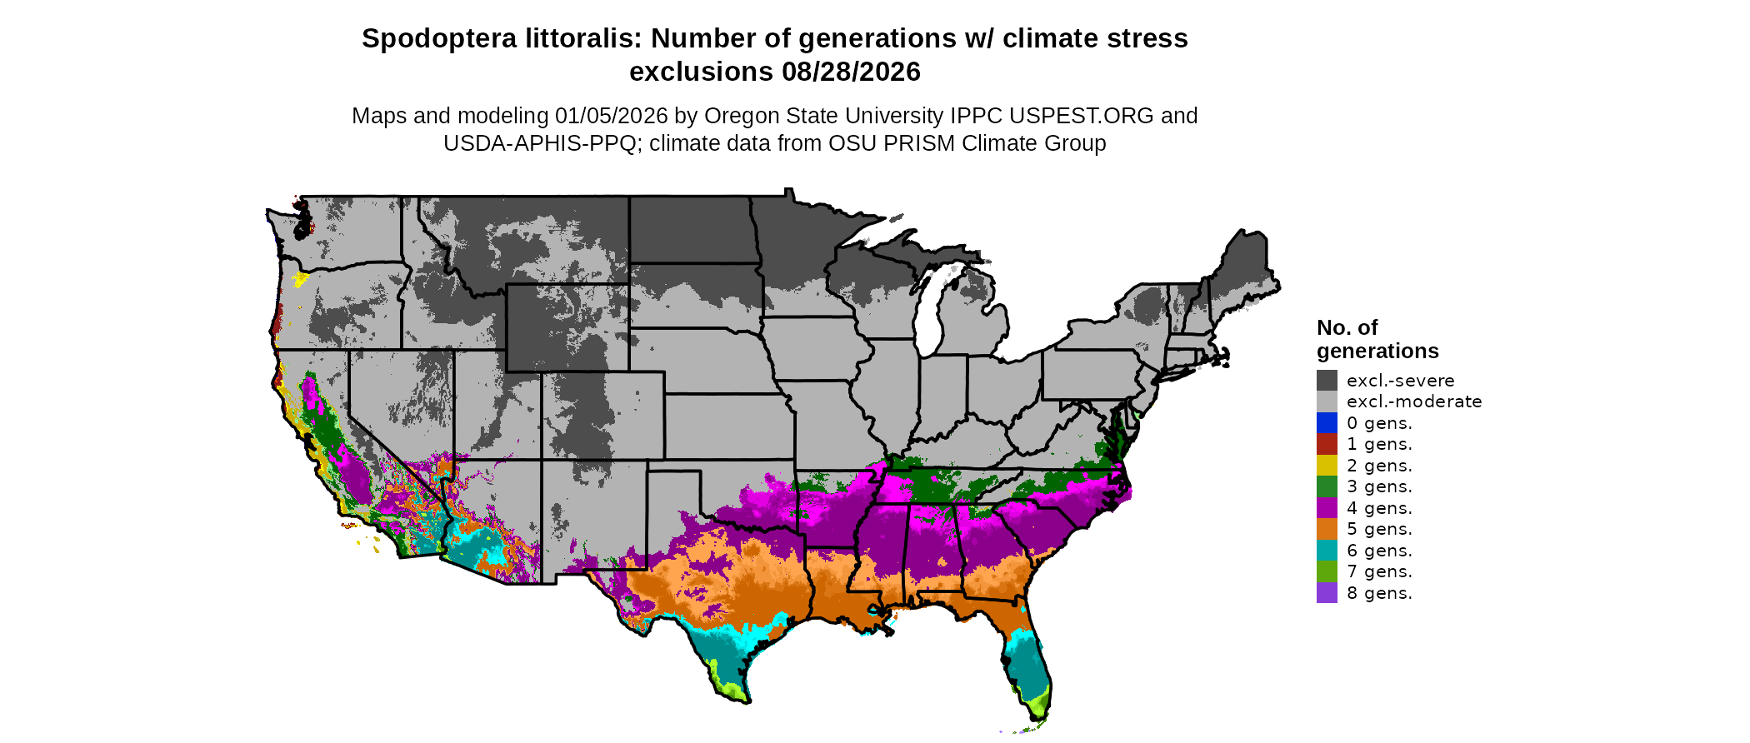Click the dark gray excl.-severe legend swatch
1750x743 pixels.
pos(1327,381)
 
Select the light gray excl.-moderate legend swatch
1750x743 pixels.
pos(1327,401)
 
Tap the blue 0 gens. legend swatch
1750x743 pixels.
pos(1327,423)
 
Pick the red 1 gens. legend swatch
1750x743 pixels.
pos(1327,444)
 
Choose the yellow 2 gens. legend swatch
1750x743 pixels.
pos(1327,466)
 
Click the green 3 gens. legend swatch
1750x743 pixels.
pos(1327,486)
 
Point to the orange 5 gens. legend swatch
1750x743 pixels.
pos(1327,529)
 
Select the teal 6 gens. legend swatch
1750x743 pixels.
pos(1327,551)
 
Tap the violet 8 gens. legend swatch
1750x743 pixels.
pos(1327,593)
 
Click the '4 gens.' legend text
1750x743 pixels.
pos(1379,508)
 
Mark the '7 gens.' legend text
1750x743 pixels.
pos(1379,571)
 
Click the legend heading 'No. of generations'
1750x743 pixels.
pos(1377,339)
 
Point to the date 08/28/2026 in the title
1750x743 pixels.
pos(851,72)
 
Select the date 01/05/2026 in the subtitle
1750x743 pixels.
pos(612,116)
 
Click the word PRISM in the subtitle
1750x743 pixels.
pos(918,143)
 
